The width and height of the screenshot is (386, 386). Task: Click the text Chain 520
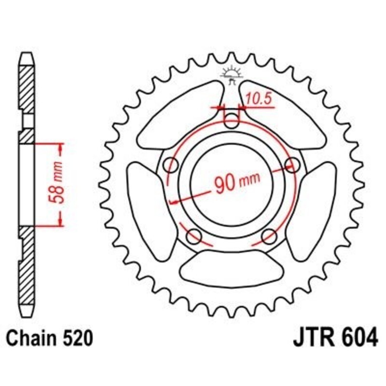(48, 338)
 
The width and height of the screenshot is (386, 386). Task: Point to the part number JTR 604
(335, 338)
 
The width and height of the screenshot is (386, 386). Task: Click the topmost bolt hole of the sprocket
(232, 121)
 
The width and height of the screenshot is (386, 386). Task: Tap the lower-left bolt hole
(194, 236)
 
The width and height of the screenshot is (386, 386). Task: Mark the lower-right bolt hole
(269, 236)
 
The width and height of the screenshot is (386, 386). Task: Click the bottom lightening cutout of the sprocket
(232, 268)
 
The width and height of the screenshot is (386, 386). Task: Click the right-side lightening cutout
(317, 203)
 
